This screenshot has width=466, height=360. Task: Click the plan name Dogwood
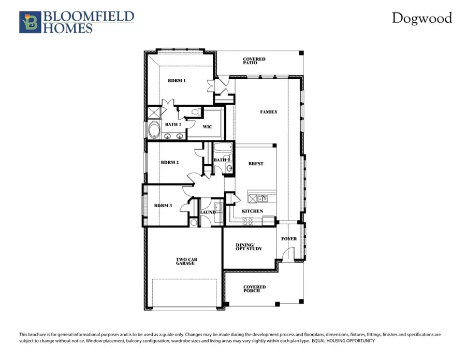click(421, 19)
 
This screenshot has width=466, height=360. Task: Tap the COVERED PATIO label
click(254, 61)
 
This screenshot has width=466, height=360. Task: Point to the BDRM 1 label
click(176, 81)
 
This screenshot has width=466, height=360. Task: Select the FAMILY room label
click(268, 112)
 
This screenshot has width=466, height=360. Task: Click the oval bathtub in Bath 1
click(154, 129)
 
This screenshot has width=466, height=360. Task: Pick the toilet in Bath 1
click(196, 111)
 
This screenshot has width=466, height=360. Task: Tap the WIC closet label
click(207, 127)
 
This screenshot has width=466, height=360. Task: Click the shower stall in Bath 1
click(153, 113)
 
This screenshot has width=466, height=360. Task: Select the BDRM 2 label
click(169, 163)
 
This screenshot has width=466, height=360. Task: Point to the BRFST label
click(256, 164)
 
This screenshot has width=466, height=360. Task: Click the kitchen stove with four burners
click(248, 220)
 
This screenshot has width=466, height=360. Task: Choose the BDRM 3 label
click(163, 206)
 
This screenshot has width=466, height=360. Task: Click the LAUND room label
click(208, 212)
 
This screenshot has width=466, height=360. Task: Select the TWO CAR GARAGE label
click(185, 262)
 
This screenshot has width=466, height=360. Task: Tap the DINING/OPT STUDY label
click(249, 247)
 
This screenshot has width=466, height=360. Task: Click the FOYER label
click(289, 239)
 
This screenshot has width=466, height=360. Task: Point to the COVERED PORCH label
click(254, 289)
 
